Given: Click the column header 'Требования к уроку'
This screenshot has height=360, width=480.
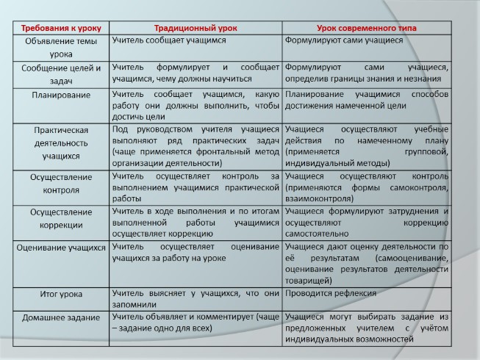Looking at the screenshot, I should (61, 27).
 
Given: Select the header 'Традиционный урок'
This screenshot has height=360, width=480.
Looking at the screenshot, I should (195, 27).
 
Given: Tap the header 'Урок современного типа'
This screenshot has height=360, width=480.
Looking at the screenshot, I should (367, 27).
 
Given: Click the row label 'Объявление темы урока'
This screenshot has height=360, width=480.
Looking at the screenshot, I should (61, 47).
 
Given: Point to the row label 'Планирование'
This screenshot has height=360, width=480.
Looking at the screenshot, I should (61, 95).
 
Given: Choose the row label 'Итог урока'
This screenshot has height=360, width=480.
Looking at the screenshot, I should (61, 294).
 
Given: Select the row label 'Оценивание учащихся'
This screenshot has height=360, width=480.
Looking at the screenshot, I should (61, 248).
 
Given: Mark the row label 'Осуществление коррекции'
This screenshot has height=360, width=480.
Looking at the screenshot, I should (61, 217).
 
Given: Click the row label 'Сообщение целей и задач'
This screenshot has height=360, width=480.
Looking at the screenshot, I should (61, 72).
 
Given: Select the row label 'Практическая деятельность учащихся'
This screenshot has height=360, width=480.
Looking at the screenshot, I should (61, 143).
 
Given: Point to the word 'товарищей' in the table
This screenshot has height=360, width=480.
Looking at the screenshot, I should (309, 280).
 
